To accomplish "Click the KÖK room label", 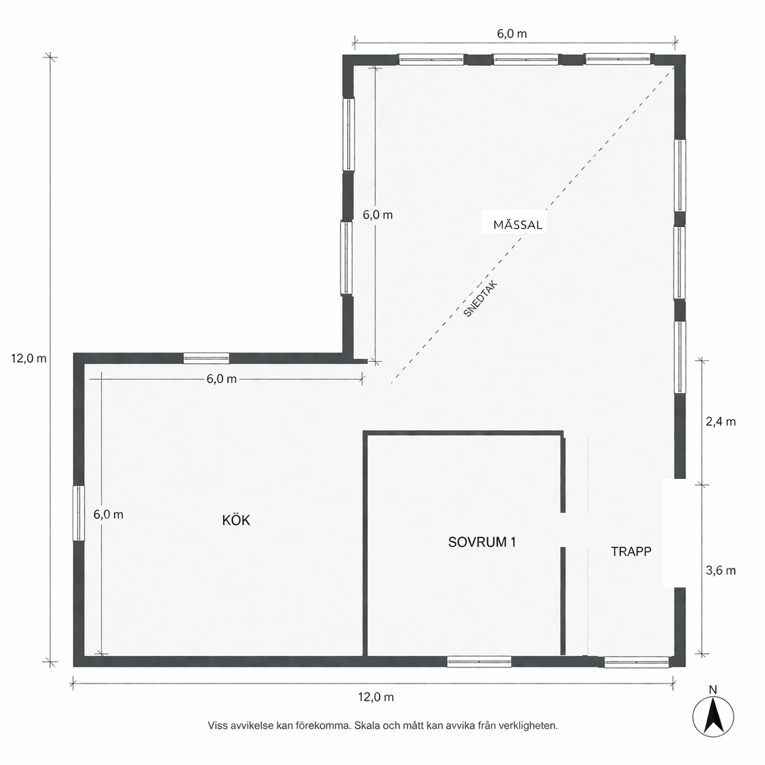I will coord(236,520).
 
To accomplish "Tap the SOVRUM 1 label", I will coord(482,542).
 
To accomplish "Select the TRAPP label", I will coord(631,551).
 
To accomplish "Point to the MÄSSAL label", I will coord(517,224).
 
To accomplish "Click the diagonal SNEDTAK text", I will coord(481,299).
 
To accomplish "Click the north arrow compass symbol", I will coord(713,716).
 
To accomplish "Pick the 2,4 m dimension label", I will coord(720,422).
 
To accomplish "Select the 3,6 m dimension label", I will coord(720,570).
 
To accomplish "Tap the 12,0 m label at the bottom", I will coord(375,697).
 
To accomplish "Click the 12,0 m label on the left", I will coord(29,359).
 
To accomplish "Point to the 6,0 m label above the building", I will coord(512,34).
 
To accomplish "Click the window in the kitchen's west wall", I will coord(78,513).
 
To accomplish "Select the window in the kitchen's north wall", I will coord(206,358).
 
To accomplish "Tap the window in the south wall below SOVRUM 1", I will coord(479,661).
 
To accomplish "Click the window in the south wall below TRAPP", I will coord(636,661).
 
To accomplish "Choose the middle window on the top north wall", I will coord(525,59).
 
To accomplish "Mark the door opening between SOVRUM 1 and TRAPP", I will coord(563,530).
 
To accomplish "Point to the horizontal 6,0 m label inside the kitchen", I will coord(221,379).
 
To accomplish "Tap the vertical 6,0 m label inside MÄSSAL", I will coord(378,215).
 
